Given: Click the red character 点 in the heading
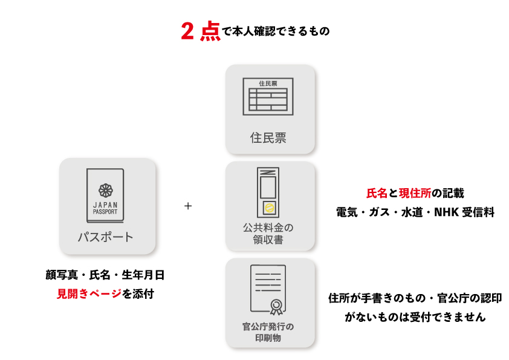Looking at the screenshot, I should click(x=210, y=31).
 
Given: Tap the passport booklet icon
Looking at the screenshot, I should click(x=105, y=195).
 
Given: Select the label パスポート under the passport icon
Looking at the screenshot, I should click(x=105, y=237).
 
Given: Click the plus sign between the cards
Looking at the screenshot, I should click(x=188, y=206).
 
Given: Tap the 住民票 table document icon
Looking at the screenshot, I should click(x=268, y=96).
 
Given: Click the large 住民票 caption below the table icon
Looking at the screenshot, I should click(x=268, y=137).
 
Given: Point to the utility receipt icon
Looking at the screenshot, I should click(x=268, y=192).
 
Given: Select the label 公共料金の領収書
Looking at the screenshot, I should click(x=268, y=234).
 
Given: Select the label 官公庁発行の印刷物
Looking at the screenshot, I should click(x=268, y=332).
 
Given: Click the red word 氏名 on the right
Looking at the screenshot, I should click(x=377, y=194).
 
